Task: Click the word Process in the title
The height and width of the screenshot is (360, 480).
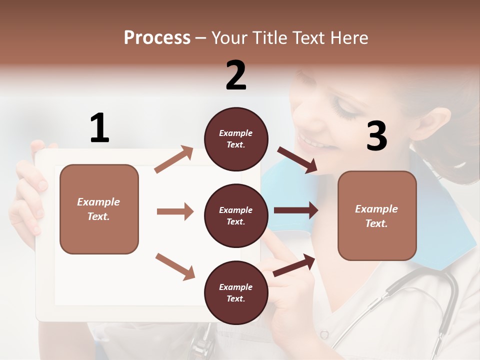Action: [x=157, y=38]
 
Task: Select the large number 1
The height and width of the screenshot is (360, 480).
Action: [x=99, y=128]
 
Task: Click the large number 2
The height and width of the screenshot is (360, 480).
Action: [x=236, y=75]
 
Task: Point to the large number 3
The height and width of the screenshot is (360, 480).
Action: [x=376, y=136]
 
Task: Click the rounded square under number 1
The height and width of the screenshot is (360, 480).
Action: [x=99, y=209]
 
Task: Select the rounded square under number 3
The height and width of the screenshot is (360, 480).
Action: [x=377, y=215]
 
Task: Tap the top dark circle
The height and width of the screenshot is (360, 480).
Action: [x=236, y=139]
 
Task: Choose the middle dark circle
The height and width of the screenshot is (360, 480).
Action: [x=236, y=215]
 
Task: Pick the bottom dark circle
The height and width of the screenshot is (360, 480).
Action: [x=236, y=292]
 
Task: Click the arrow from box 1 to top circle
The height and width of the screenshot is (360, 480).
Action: [x=174, y=159]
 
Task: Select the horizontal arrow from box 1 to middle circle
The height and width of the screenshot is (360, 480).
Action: [x=175, y=211]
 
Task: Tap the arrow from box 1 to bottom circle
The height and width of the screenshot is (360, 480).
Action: [x=175, y=266]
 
